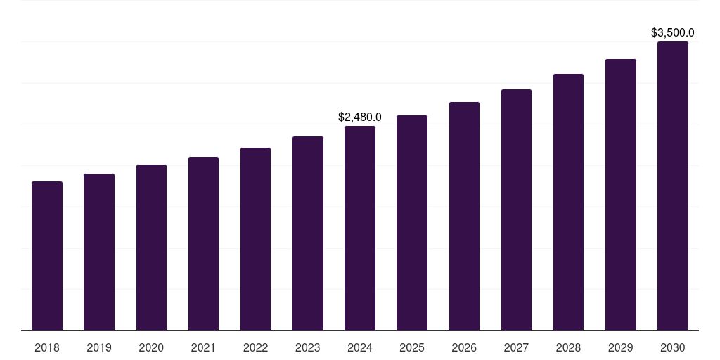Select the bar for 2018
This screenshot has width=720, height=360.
(x=47, y=256)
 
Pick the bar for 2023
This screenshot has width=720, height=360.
(x=308, y=233)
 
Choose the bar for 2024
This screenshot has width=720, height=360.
(x=360, y=228)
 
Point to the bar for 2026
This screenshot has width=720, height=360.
(x=464, y=216)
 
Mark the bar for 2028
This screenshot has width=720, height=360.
(x=568, y=202)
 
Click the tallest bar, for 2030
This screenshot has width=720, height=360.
(x=672, y=186)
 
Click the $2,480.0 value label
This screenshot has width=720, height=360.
(x=360, y=117)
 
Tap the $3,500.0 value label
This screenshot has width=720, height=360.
(x=672, y=32)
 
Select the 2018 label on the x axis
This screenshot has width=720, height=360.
(x=47, y=347)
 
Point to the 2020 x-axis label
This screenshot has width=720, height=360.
(x=151, y=347)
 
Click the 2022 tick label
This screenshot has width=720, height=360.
(x=255, y=347)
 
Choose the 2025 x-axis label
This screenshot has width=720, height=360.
(x=412, y=347)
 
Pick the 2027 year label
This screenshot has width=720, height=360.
(x=516, y=347)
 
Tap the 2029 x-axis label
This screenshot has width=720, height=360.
(x=620, y=347)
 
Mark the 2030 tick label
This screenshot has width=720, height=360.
(x=672, y=347)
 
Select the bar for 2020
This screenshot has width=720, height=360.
(x=151, y=247)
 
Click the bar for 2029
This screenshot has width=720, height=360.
(x=620, y=195)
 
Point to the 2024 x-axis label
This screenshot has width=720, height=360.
(x=360, y=347)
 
